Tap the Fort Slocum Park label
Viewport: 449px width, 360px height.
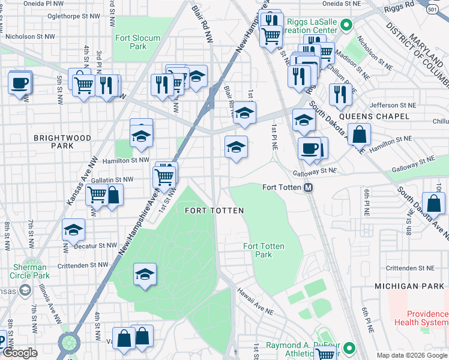click(x=138, y=42)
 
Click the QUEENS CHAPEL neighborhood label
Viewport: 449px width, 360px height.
click(x=374, y=116)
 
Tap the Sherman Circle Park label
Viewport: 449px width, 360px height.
click(x=28, y=271)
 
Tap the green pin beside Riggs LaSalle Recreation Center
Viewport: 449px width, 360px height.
click(x=345, y=25)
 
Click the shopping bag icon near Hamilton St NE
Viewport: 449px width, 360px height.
click(x=359, y=136)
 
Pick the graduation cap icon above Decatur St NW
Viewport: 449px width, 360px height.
click(x=73, y=229)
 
